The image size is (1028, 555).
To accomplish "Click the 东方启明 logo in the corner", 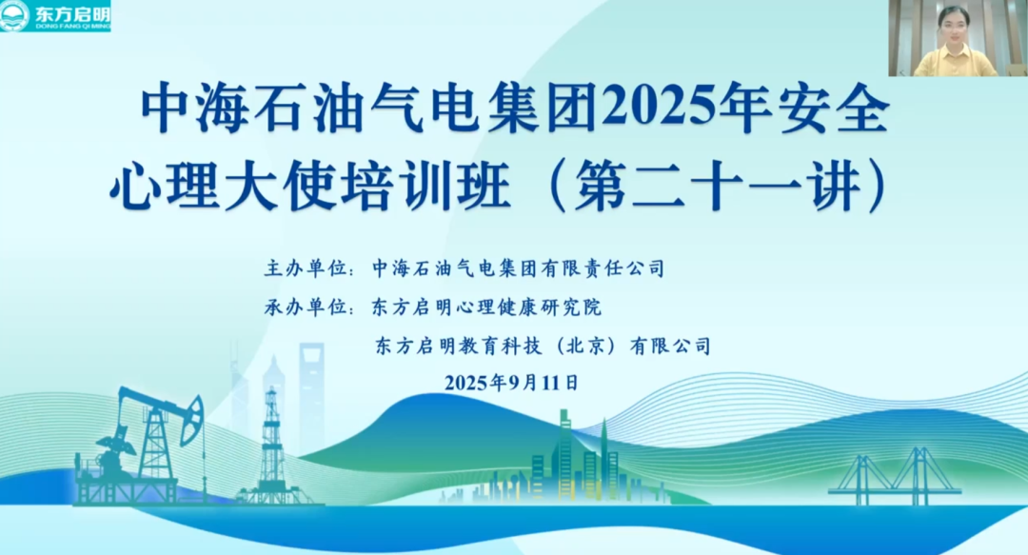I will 55,16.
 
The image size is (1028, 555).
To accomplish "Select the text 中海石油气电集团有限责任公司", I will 519,268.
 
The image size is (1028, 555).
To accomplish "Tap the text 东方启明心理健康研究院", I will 487,307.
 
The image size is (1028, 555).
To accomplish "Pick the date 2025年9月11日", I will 512,384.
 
